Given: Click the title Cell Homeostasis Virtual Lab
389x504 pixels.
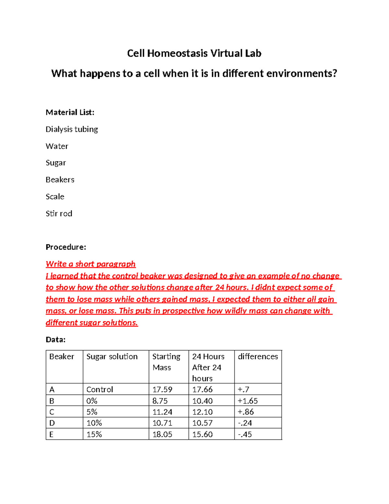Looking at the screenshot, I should [194, 53].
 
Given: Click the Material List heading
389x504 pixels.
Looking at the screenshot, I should [70, 112].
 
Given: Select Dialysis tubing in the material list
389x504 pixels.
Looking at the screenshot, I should [72, 129].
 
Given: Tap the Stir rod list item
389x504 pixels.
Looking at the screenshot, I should [59, 214].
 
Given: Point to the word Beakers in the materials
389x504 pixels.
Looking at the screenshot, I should [60, 180].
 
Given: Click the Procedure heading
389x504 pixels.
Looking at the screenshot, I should [66, 247].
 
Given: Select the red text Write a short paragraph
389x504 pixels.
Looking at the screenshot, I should [90, 264].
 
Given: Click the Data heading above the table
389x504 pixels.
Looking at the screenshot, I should [55, 339].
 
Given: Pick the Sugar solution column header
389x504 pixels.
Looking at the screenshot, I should [112, 356].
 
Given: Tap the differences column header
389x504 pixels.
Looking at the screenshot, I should [258, 356].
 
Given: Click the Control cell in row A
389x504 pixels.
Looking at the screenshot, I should [100, 389].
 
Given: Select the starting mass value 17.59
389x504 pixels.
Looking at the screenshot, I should [162, 389].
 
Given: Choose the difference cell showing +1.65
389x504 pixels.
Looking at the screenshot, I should [248, 401].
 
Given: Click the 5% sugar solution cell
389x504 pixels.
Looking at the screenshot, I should [92, 412].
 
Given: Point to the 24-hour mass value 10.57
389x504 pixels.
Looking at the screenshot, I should [202, 423].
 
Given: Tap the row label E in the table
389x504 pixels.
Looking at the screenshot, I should [52, 434].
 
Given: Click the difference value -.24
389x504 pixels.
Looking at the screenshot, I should [245, 423].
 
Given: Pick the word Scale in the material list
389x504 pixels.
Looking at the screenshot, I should [55, 197].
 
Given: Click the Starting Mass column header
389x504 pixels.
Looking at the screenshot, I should [166, 362].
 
